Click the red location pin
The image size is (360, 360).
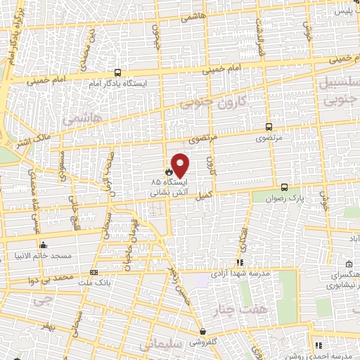click(180, 165)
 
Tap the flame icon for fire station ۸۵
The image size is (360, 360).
click(169, 171)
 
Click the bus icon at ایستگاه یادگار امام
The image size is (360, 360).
click(117, 72)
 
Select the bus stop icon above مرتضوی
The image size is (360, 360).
click(269, 127)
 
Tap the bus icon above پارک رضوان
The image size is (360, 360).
click(284, 187)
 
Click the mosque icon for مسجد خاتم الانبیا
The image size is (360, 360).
click(44, 245)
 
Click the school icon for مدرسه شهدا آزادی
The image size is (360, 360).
click(240, 263)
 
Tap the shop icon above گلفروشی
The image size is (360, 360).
click(202, 332)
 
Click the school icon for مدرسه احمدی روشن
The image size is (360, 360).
click(318, 345)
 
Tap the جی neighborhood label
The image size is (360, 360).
click(43, 301)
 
